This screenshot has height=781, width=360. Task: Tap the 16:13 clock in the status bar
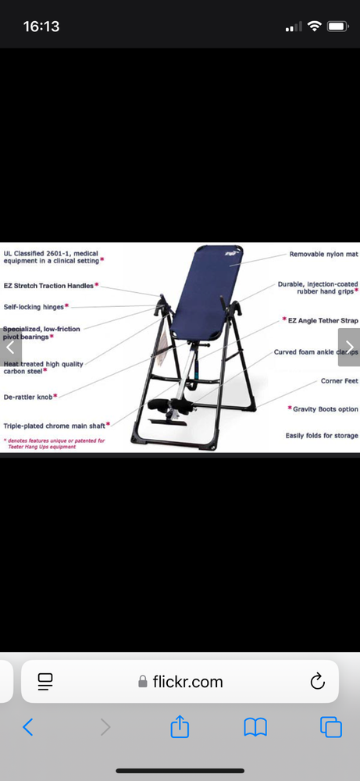coord(41,27)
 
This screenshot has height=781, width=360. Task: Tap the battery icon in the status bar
coord(337,27)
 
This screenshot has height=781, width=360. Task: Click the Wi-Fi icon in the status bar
coord(315,27)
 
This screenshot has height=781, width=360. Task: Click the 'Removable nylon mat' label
coord(323,255)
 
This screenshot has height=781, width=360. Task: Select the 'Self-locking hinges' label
coord(34,307)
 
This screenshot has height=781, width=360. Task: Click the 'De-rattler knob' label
coord(28,397)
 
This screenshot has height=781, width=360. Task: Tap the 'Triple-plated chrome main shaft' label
coord(54,426)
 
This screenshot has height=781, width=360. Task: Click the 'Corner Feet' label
coord(339,381)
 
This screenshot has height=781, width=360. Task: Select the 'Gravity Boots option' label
coord(325,408)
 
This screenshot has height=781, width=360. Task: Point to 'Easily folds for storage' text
coord(322,435)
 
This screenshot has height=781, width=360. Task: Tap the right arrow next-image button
coord(349,348)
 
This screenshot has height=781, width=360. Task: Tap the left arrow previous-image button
coord(10,348)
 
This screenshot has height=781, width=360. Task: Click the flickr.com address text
coord(187,682)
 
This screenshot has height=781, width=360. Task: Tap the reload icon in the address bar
coord(317,682)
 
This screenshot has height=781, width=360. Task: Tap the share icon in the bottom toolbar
coord(180,727)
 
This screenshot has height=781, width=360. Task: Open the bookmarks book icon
coord(255,727)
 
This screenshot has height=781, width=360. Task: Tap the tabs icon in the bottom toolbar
coord(331,727)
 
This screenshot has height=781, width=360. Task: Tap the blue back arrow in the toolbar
coord(28,727)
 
